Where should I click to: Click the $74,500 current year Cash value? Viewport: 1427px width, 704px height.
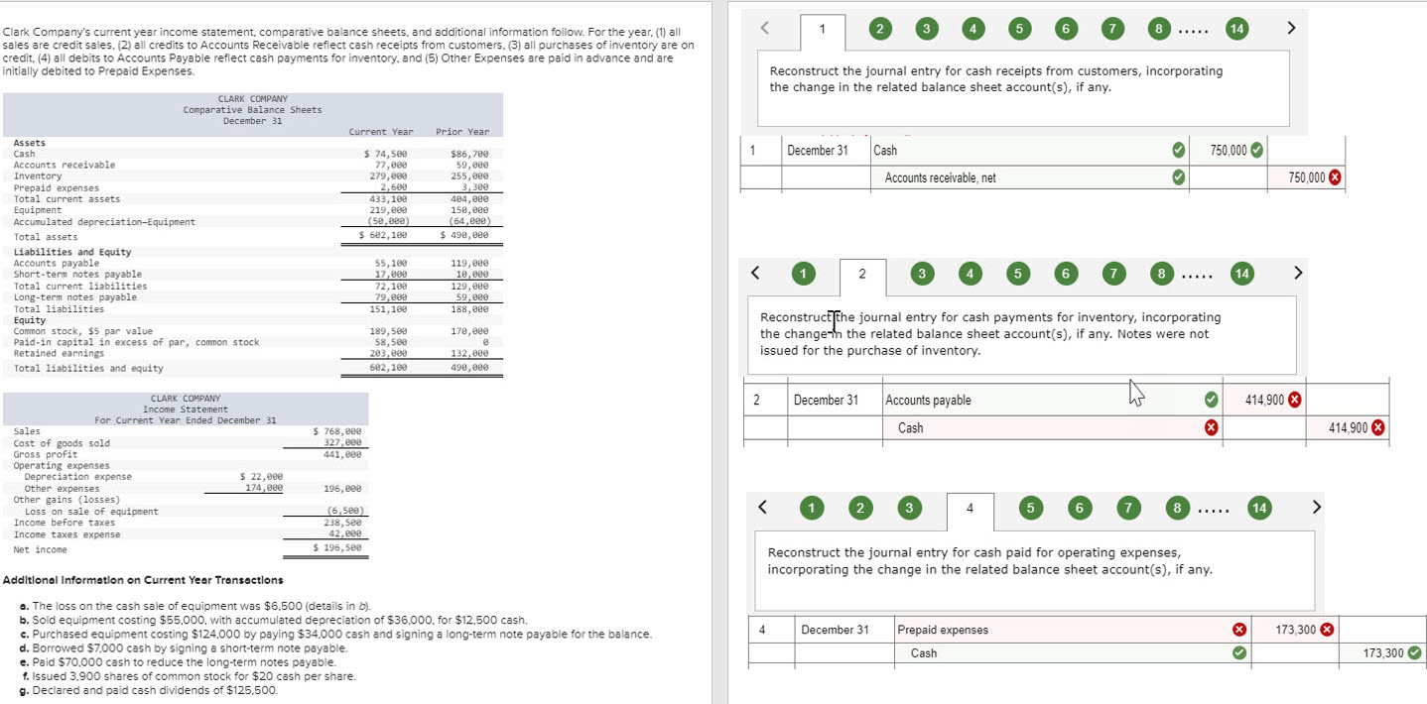(387, 154)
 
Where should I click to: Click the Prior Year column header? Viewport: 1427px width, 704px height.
(461, 132)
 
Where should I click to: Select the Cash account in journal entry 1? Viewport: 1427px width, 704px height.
(885, 151)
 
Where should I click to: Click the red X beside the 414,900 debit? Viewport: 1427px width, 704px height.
(1295, 400)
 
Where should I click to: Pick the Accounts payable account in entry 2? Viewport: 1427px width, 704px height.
(928, 401)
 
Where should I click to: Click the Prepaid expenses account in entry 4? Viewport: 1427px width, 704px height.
(943, 630)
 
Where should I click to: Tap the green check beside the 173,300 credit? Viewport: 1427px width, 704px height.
(1414, 652)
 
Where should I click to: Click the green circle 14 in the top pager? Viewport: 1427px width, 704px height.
(1235, 29)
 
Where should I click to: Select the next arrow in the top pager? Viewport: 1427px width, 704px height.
(1291, 29)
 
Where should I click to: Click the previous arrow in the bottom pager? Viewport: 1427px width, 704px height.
(762, 508)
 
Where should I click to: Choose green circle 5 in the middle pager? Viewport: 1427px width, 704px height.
(1016, 273)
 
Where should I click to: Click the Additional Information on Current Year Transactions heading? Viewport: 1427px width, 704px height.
(144, 580)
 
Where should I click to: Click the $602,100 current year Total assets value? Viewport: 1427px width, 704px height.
(386, 236)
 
